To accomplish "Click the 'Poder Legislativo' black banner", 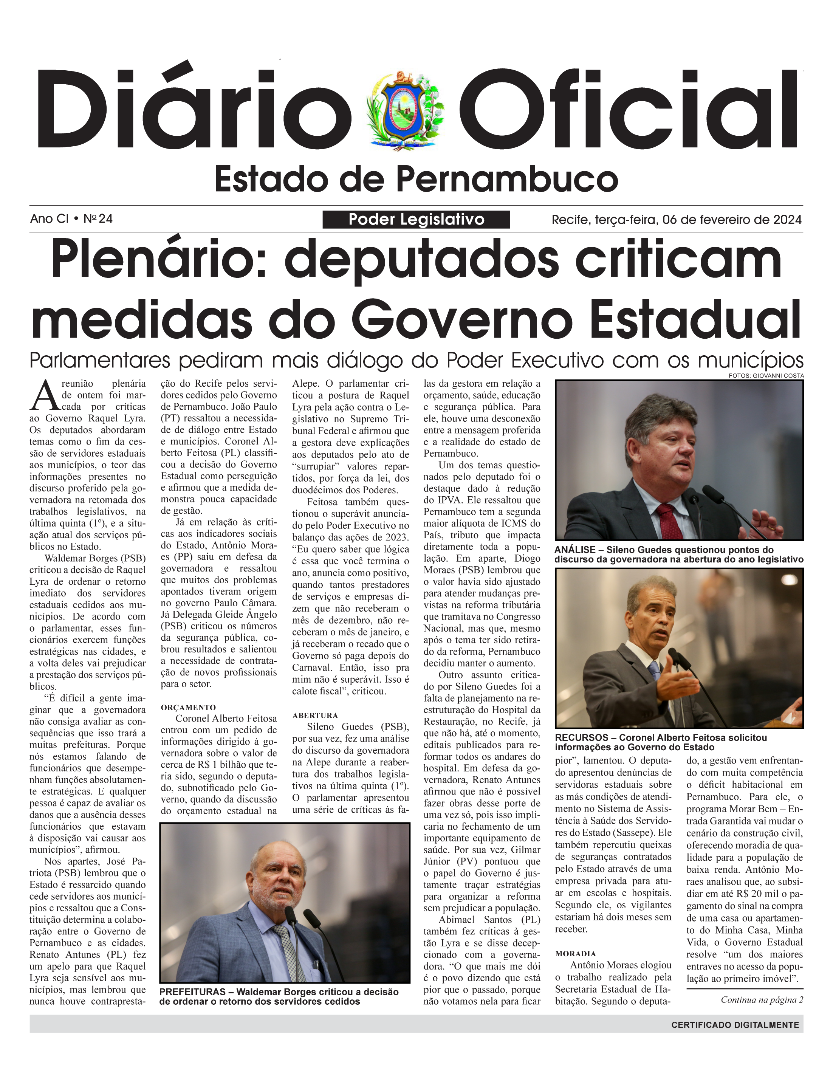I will (x=416, y=219).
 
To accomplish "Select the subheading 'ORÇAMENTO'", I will (x=189, y=707).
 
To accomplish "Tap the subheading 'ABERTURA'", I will (x=315, y=716).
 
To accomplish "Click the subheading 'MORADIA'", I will (x=576, y=954).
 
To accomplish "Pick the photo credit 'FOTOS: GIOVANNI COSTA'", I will (x=766, y=376).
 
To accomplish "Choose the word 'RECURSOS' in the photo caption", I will (x=582, y=737).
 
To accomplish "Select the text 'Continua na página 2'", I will (x=762, y=1000).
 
